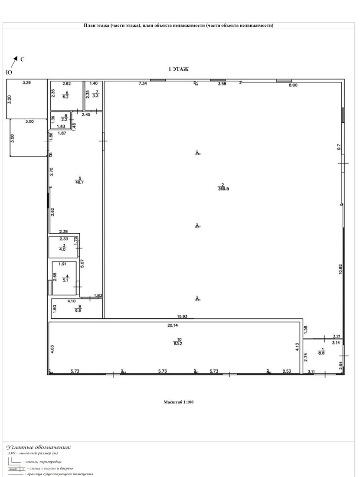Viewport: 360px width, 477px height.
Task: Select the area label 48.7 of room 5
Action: point(79,183)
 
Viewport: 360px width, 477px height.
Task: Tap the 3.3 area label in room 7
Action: point(95,95)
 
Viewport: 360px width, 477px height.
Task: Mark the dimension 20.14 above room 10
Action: point(173,325)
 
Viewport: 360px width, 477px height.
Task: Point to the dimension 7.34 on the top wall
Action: point(142,84)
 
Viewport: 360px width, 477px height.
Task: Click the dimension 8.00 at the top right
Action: point(293,85)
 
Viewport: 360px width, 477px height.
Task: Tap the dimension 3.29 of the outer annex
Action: point(26,82)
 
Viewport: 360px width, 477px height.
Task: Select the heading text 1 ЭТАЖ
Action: point(178,69)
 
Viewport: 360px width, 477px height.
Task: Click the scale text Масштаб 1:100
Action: point(178,402)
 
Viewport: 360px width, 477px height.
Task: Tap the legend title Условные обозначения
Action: point(39,447)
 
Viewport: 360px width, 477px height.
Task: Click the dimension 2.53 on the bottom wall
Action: point(287,371)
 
